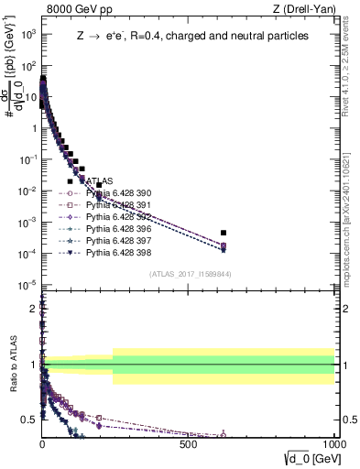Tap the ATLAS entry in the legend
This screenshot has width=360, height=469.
point(98,181)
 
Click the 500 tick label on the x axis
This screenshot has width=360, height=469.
point(189,442)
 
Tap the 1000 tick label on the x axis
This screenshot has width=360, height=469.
point(333,442)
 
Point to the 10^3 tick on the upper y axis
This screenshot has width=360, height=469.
point(29,34)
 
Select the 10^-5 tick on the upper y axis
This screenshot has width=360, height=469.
point(28,285)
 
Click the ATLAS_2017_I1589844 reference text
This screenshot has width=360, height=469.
point(189,273)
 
